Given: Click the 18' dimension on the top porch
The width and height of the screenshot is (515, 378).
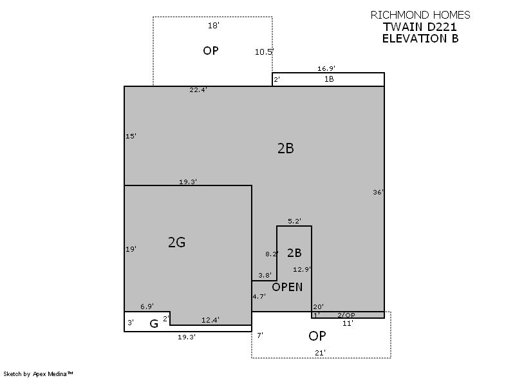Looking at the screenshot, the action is click(214, 25).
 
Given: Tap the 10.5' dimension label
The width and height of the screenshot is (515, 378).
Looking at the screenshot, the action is click(265, 52).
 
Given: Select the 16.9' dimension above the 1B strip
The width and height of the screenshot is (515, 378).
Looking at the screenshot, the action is click(326, 68).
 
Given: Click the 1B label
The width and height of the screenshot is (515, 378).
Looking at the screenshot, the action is click(329, 79).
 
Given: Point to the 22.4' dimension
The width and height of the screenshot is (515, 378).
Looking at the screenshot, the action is click(198, 90).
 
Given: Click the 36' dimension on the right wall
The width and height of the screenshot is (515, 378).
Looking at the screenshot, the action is click(378, 192).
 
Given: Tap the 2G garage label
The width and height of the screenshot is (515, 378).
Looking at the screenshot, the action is click(176, 242).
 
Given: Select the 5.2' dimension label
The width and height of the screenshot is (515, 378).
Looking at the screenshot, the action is click(295, 221).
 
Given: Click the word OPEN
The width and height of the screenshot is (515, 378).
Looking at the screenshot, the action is click(287, 287).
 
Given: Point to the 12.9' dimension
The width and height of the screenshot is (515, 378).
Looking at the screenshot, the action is click(302, 269).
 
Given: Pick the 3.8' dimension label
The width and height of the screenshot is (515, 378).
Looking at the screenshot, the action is click(265, 275).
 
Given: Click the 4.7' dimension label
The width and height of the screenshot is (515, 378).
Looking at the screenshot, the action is click(259, 296).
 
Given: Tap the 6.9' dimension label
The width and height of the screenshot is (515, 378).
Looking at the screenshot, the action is click(147, 307).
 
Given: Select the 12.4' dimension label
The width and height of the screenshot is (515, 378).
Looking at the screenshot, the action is click(211, 320).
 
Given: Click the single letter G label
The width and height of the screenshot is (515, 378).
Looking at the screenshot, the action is click(154, 324).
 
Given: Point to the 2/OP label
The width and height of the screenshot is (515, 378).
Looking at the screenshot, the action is click(346, 315).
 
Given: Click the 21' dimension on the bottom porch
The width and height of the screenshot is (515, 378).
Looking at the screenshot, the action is click(320, 353).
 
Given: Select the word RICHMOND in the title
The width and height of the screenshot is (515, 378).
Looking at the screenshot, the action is click(400, 15).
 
